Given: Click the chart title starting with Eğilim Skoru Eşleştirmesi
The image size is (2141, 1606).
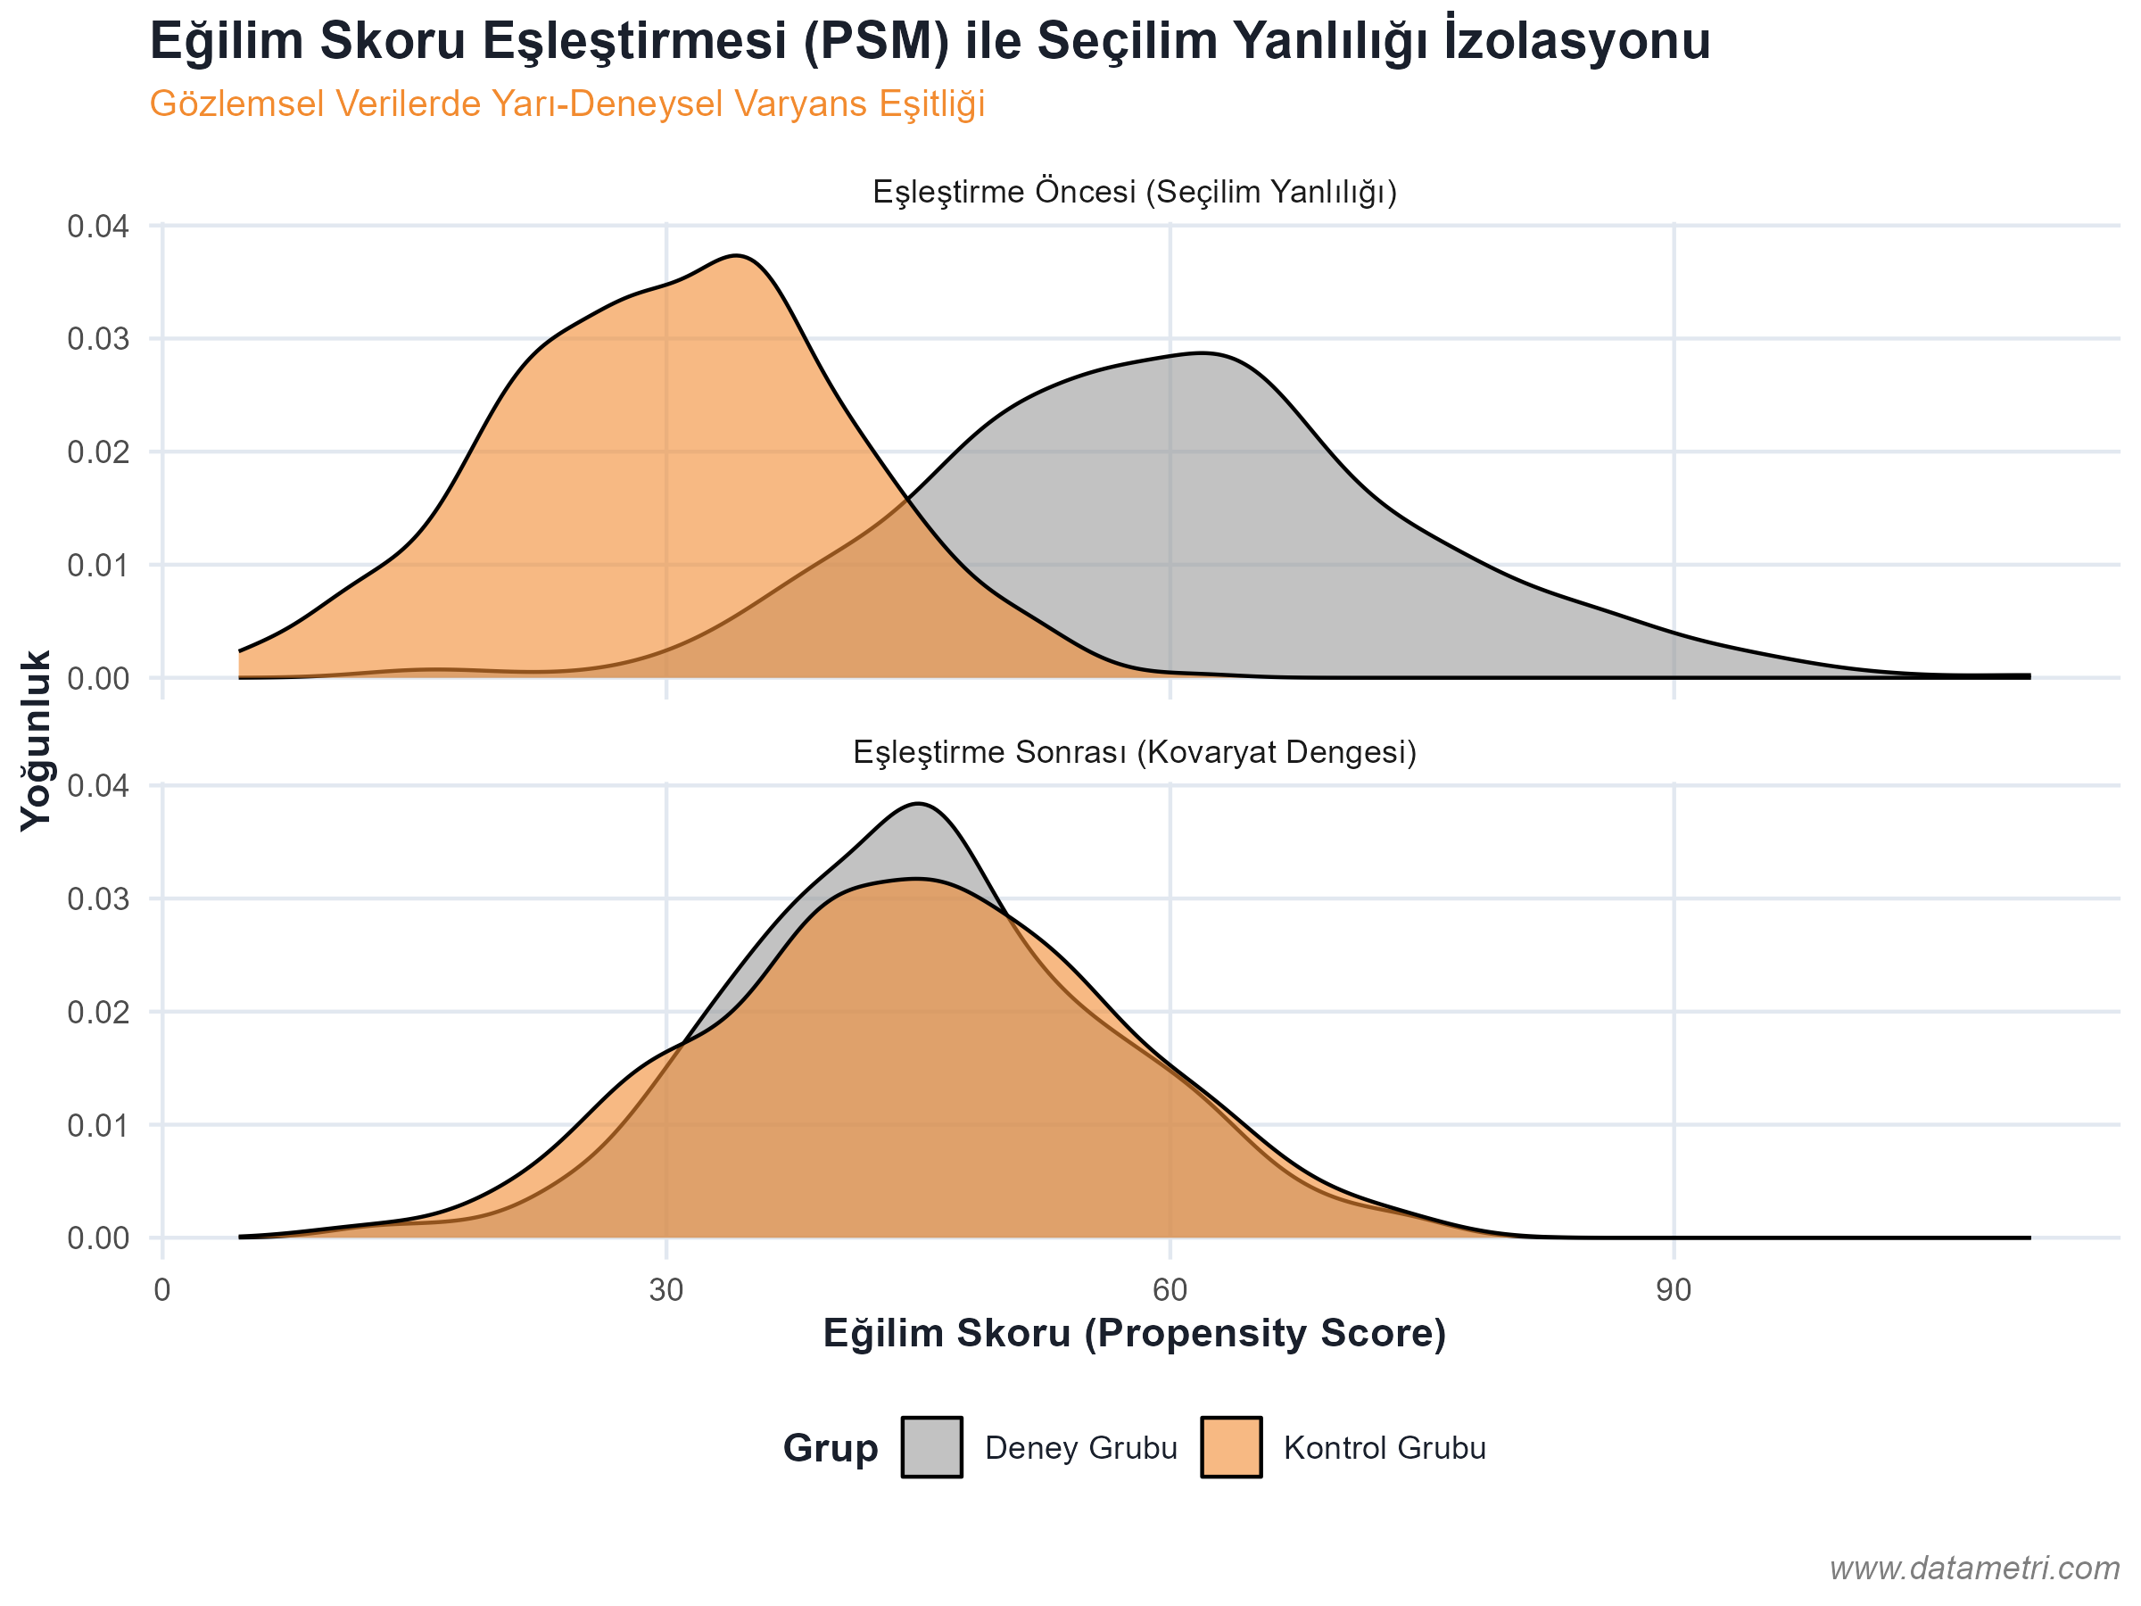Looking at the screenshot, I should pos(930,42).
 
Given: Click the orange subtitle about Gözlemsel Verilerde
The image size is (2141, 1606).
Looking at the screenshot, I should pos(567,103).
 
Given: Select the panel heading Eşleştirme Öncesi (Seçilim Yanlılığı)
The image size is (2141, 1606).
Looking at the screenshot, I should pos(1135,192).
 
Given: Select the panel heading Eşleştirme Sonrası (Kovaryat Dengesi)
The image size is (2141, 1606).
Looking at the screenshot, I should pos(1135,752).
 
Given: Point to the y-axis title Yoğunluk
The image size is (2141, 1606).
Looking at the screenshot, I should pos(36,741).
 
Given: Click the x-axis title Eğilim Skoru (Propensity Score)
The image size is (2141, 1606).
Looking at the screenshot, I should pos(1135,1333).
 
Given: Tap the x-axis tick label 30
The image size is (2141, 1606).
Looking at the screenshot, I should pos(665,1290).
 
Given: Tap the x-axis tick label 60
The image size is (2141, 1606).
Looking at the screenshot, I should pos(1170,1290).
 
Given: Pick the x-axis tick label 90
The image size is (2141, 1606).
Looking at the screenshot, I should pos(1674,1290).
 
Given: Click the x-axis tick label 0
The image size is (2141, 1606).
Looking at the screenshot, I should pos(161,1290).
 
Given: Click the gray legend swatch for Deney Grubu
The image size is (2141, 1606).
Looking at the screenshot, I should pos(931,1447).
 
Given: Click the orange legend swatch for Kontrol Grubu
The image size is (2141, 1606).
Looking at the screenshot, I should pos(1230,1447).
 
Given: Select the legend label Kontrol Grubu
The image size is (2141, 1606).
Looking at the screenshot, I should pos(1385,1448).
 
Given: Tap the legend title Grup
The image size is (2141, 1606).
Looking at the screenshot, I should pos(831,1448).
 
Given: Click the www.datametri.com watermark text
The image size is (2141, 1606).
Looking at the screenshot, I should pos(1974,1569).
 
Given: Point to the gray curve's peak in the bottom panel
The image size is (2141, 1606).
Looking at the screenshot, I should pos(919,804).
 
